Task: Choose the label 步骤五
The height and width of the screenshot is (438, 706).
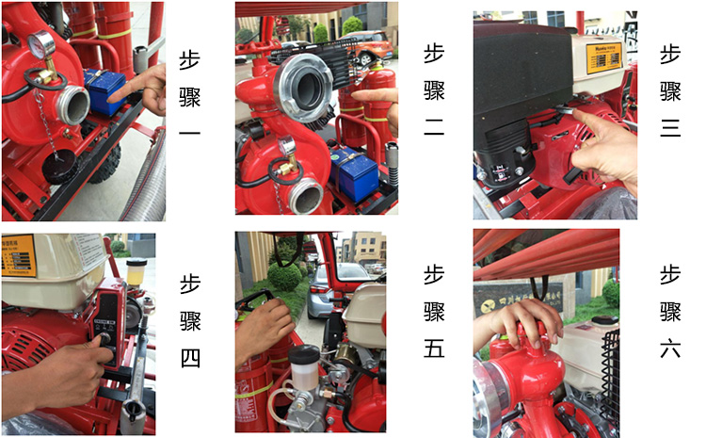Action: [433, 312]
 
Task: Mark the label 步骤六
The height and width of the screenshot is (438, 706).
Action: [669, 312]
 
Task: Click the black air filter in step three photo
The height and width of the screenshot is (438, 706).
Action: [508, 141]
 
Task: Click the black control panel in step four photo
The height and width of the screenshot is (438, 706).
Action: [106, 325]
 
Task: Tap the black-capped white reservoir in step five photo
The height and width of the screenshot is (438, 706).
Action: [305, 367]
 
